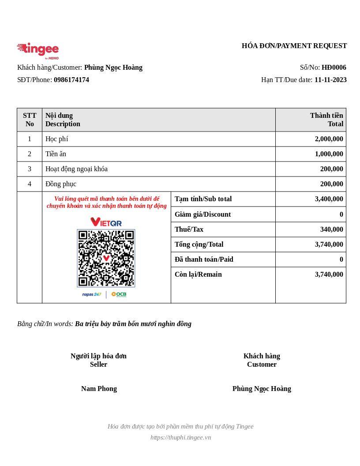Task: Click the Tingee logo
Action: (38, 50)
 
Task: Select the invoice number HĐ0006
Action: (334, 68)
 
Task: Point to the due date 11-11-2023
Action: (330, 80)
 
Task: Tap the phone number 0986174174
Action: (71, 80)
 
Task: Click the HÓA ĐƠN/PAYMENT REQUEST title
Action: (294, 46)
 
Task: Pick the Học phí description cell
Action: (57, 139)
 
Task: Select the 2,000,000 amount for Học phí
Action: (329, 139)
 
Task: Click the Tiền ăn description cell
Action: (56, 154)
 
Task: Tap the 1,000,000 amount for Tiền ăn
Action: (329, 154)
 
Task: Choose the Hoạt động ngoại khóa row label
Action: (76, 169)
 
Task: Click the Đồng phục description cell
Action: (61, 184)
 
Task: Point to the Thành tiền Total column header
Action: (326, 120)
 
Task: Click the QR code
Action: (106, 258)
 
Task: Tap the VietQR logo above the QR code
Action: (106, 222)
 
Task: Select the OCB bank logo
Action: (119, 294)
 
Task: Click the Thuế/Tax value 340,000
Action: (331, 229)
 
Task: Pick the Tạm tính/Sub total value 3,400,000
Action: (329, 199)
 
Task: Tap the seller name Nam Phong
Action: (99, 389)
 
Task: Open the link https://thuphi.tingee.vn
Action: (180, 437)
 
